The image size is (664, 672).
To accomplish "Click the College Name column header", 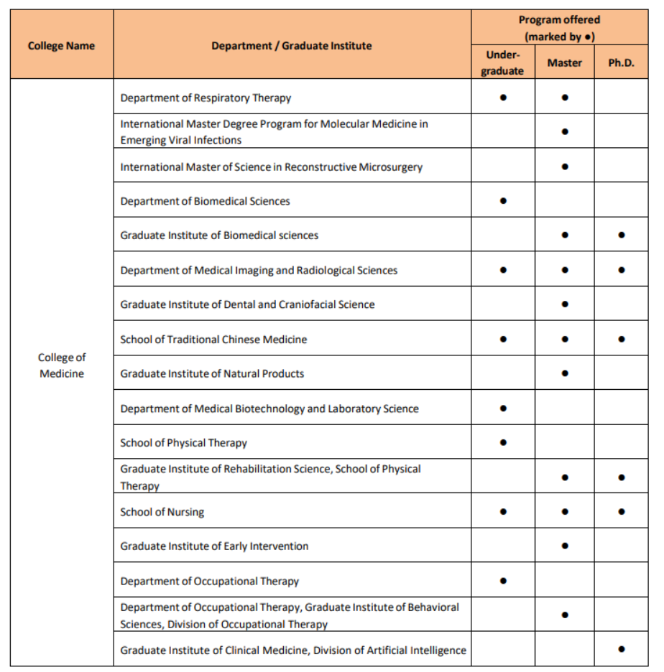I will [61, 46].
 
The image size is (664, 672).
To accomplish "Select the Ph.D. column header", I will [621, 62].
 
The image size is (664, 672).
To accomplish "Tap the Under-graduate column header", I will [502, 62].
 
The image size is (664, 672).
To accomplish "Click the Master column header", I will [564, 62].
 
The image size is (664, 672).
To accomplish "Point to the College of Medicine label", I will [62, 365].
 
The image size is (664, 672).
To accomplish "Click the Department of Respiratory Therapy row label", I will [206, 98].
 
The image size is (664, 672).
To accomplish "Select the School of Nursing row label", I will [162, 512].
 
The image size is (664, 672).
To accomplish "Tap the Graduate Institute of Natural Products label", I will [212, 373].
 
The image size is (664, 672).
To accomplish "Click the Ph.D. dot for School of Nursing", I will [621, 512].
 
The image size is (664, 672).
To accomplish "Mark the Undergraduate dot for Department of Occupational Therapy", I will [503, 581].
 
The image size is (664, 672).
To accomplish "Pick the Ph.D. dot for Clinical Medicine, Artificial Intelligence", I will [621, 649].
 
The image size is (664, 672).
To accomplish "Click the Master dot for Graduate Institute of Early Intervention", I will [565, 546].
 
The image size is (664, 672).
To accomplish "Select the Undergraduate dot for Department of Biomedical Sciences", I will [503, 201].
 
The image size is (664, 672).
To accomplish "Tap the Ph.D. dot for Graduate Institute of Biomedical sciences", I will [621, 235].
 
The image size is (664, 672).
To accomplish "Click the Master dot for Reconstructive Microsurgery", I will [565, 167].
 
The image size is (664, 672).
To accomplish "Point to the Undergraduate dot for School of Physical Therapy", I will [503, 442].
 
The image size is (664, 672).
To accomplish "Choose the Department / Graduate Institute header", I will [292, 46].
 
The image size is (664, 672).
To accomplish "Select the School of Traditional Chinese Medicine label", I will [213, 339].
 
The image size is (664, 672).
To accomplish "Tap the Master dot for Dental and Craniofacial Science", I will [565, 304].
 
